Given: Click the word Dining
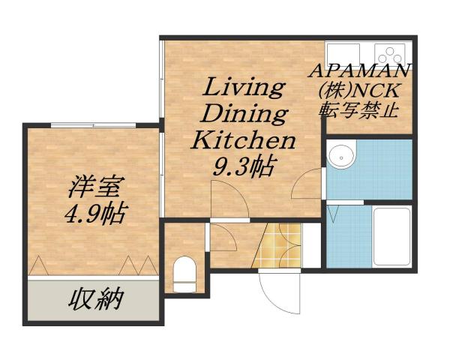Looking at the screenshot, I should (245, 115).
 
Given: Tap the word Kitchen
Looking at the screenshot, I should (244, 140).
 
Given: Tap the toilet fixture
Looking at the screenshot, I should (184, 273).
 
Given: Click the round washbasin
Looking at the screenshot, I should (343, 156).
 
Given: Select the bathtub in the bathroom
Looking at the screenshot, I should (391, 235).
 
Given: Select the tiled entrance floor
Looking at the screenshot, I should (277, 244).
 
